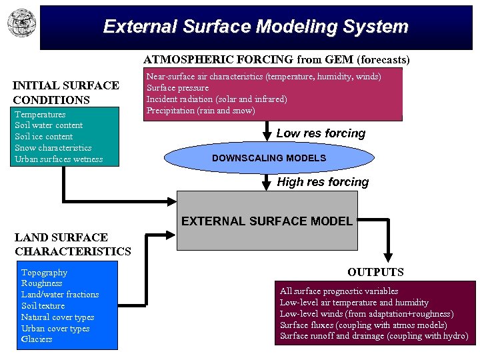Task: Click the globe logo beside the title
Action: (x=21, y=23)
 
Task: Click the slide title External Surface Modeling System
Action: (x=255, y=27)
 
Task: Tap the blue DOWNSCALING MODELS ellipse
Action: (x=269, y=158)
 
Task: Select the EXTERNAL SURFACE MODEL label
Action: (x=267, y=221)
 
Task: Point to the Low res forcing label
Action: (x=321, y=133)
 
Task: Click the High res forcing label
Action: (x=323, y=182)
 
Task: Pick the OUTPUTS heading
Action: (x=375, y=272)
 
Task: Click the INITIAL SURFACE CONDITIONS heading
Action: (x=66, y=93)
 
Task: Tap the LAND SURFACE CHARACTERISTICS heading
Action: (x=73, y=244)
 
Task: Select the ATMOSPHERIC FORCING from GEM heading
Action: (x=277, y=59)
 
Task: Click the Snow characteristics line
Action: (x=53, y=148)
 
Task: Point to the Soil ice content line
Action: (x=44, y=137)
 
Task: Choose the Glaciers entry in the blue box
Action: (x=37, y=339)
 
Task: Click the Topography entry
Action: (x=44, y=272)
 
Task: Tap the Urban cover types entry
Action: (x=55, y=328)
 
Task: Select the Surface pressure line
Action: (x=177, y=88)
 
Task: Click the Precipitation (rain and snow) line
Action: (x=201, y=111)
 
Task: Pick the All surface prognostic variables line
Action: (x=339, y=291)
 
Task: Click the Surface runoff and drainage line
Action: (x=373, y=336)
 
